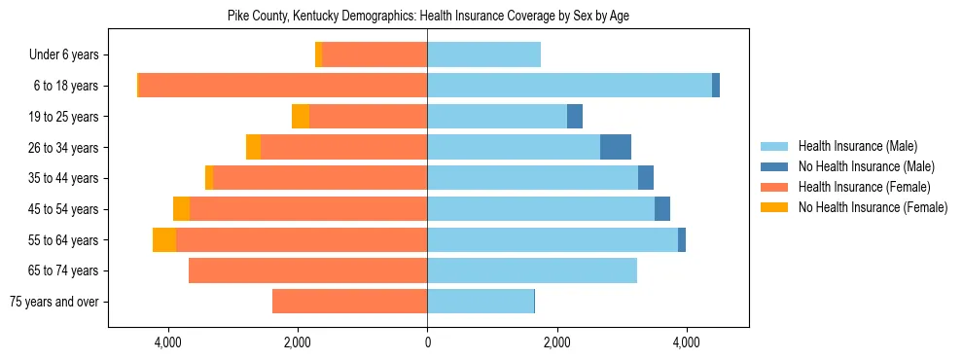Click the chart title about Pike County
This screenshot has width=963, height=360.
pos(428,17)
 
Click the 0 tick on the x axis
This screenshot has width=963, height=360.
pos(427,342)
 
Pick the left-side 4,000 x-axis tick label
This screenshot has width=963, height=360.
pos(168,342)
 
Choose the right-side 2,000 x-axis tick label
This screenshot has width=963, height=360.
pos(556,342)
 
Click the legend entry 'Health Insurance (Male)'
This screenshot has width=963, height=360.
pos(857,146)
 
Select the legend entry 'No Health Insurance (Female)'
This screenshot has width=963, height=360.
pos(873,207)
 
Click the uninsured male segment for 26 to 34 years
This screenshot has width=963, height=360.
pos(616,147)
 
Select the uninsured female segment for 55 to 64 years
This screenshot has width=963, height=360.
pos(164,239)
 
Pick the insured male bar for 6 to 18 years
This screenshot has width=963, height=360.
pos(569,86)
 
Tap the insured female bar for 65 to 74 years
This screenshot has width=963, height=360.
pos(307,270)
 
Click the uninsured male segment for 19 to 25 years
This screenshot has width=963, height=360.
pos(575,117)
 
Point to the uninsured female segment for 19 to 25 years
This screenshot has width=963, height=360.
pos(301,117)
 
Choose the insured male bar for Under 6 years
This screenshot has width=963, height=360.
pos(483,54)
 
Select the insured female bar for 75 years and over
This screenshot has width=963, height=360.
pos(349,302)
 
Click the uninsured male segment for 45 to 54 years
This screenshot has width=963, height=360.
pos(662,209)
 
